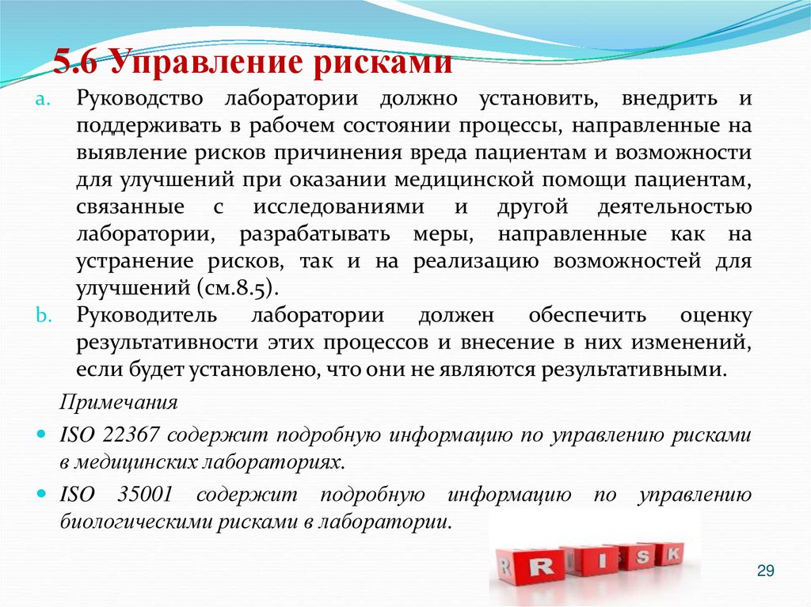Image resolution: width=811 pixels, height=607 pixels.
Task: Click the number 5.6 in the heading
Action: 76,63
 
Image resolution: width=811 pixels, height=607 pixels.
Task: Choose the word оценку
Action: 715,315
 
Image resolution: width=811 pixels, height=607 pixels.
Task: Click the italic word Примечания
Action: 119,402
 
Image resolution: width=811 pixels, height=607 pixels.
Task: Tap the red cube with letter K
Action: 672,554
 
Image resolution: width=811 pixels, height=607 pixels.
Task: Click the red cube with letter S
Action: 642,558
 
